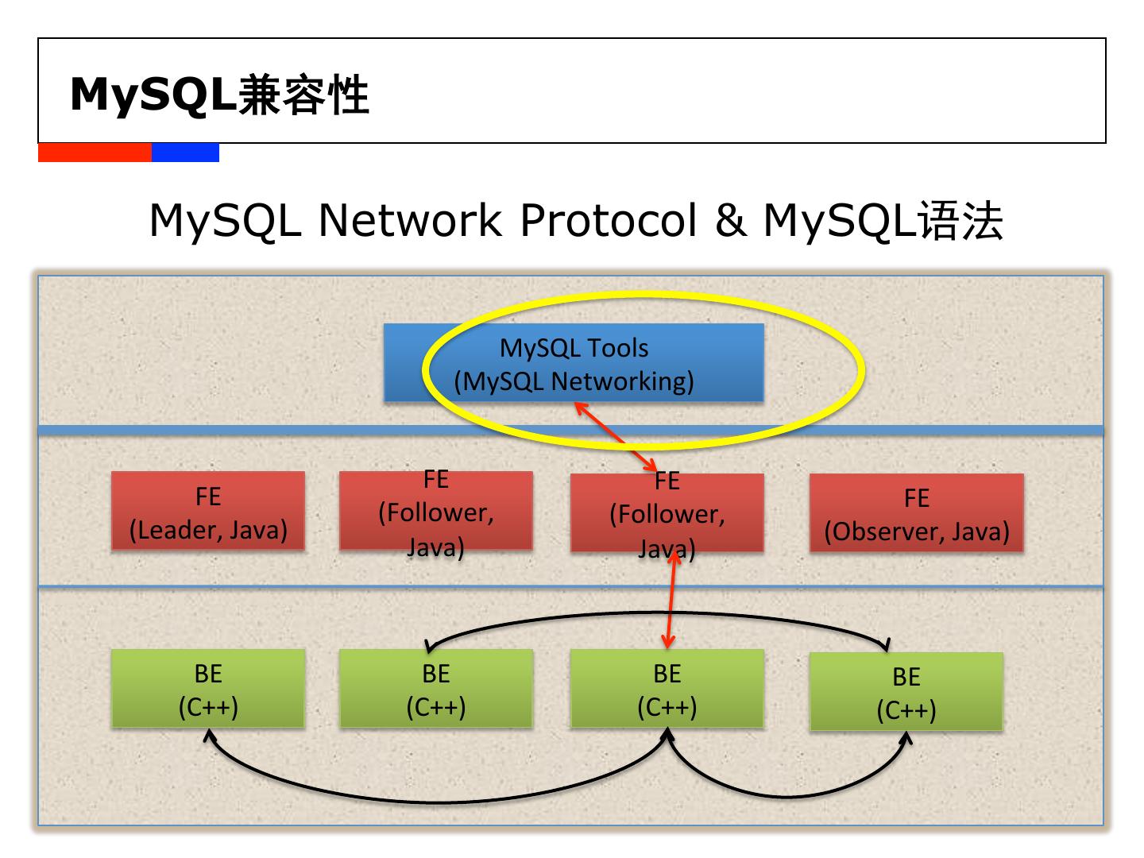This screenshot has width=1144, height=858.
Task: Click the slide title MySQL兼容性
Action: pos(219,95)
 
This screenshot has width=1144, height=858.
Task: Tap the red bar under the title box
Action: pos(95,153)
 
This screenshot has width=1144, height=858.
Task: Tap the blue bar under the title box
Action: pos(186,153)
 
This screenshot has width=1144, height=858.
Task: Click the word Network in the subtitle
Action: pos(410,220)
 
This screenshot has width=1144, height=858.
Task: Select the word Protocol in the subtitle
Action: pos(609,220)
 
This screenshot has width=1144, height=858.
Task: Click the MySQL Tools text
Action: pos(574,348)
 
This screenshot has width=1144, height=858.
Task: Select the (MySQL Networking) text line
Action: pos(574,381)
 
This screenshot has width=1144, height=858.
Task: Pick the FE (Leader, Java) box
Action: pos(208,510)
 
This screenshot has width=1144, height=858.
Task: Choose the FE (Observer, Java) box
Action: pos(917,512)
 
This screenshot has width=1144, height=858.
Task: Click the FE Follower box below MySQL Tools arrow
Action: pos(667,512)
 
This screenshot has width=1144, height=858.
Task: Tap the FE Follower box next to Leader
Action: pos(435,510)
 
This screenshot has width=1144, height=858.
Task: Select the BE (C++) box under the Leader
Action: pos(208,688)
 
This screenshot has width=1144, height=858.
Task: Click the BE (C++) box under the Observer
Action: pos(906,691)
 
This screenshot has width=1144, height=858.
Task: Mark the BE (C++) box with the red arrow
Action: pos(667,688)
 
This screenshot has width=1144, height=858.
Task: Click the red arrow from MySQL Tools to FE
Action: pos(615,437)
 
